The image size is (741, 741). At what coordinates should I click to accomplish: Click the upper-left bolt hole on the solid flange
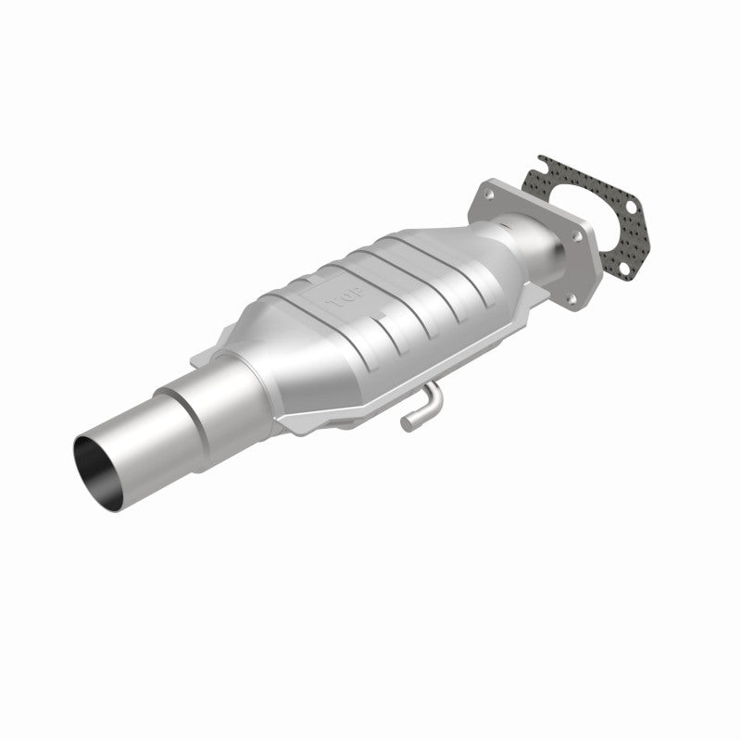click(488, 195)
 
